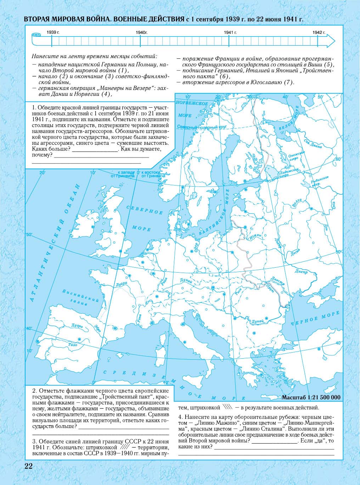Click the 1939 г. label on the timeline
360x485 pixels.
click(x=52, y=32)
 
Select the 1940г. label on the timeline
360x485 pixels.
click(x=141, y=32)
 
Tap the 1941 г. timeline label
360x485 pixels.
click(x=230, y=32)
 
